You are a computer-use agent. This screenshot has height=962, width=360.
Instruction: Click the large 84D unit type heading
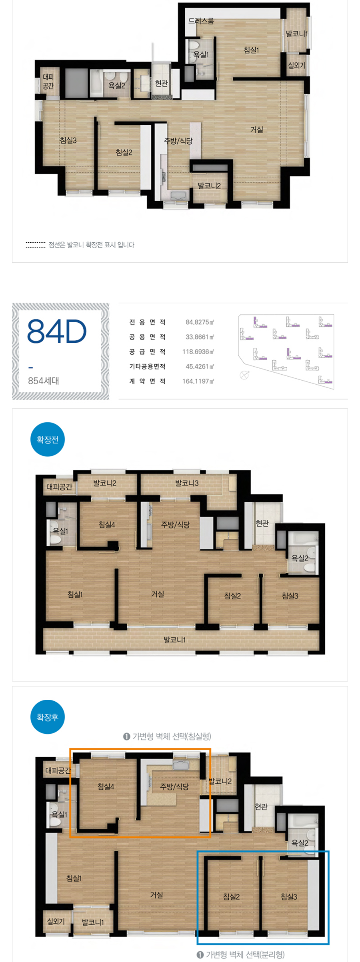[x=57, y=331]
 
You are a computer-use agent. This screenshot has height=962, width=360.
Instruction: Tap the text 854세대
[x=44, y=381]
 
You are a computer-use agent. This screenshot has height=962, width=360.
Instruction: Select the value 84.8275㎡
[x=200, y=322]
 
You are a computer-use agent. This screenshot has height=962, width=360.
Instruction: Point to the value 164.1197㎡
[x=198, y=381]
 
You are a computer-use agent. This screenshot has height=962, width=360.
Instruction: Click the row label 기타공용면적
[x=147, y=367]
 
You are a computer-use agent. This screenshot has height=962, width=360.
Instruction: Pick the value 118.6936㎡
[x=198, y=352]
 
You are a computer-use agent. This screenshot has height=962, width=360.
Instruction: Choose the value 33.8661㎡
[x=200, y=337]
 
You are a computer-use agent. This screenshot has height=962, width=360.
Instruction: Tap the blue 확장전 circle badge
[x=48, y=439]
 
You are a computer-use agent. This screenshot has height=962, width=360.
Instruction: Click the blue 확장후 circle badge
[x=48, y=717]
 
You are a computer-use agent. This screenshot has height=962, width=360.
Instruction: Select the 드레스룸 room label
[x=201, y=21]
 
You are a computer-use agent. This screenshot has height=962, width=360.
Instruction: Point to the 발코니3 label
[x=187, y=483]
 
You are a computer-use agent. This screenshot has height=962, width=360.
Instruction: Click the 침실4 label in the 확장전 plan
[x=107, y=525]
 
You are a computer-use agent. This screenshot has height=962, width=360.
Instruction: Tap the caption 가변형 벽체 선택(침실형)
[x=167, y=736]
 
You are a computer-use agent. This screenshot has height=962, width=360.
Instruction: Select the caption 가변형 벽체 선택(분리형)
[x=241, y=955]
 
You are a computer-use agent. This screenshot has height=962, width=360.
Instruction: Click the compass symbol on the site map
[x=244, y=375]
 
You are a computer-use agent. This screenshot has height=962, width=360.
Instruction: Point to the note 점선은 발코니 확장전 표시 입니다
[x=91, y=245]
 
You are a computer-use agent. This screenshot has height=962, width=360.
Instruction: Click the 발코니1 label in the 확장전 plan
[x=175, y=640]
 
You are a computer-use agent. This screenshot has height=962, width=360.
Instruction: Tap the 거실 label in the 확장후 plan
[x=156, y=895]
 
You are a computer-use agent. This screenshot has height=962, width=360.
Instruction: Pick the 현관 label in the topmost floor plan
[x=161, y=83]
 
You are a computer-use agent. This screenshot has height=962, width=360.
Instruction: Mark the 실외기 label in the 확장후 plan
[x=56, y=921]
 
